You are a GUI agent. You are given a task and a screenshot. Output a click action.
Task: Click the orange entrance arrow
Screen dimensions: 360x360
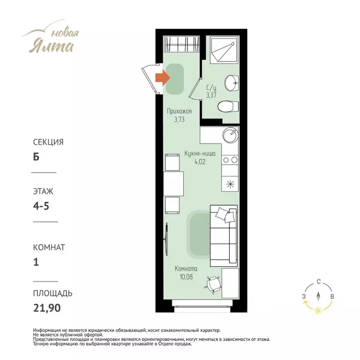(163, 78)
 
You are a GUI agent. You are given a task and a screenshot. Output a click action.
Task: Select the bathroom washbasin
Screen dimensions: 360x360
(232, 82)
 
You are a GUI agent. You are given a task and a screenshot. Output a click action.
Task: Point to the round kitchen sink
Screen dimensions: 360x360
(230, 135)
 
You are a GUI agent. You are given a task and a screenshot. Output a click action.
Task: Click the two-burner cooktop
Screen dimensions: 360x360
(230, 160)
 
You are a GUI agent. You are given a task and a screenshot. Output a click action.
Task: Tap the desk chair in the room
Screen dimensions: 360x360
(213, 285)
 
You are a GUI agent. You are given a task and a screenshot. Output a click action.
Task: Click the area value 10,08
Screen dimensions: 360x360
(186, 277)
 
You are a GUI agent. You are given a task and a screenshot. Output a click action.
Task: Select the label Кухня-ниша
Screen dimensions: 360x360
(200, 153)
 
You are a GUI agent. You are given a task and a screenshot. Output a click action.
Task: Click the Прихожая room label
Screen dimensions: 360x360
(180, 112)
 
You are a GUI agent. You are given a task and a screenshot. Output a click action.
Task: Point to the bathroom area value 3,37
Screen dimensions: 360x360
(211, 95)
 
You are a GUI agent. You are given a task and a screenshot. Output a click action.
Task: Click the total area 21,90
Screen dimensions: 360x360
(47, 308)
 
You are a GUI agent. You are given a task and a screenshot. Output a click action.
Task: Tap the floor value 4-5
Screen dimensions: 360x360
(41, 206)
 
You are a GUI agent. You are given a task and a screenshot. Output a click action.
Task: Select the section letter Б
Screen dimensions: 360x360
(36, 157)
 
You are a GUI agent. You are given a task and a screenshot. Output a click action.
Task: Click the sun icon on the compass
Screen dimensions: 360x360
(318, 311)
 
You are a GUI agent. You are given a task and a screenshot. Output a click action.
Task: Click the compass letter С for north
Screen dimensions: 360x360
(318, 282)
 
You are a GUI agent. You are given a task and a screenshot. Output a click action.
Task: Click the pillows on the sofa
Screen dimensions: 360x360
(226, 215)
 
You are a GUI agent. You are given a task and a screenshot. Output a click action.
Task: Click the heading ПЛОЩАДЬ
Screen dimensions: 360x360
(53, 293)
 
